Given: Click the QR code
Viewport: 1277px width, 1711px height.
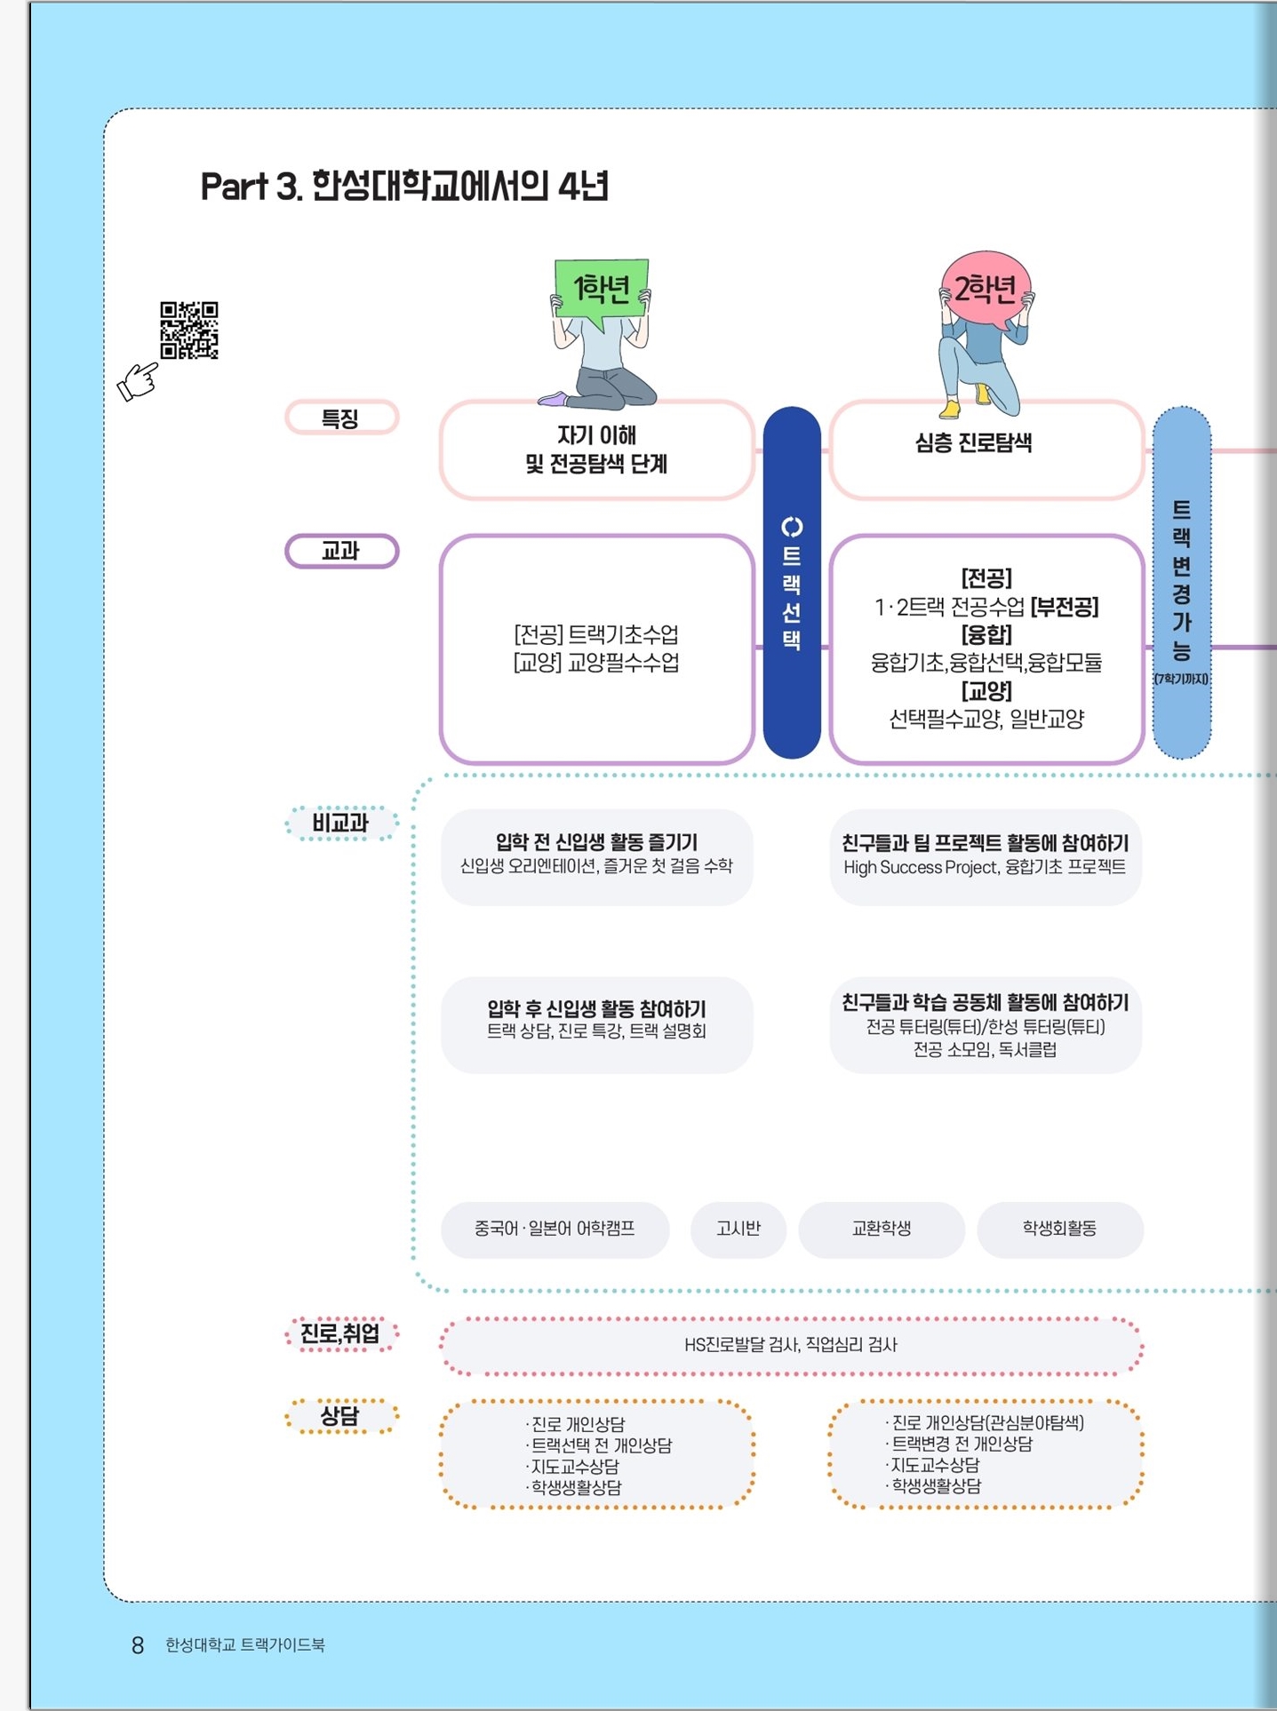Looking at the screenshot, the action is pos(189,330).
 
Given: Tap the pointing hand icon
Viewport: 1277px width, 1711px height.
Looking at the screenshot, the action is pos(138,382).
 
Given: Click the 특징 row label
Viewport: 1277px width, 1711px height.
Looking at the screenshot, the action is pos(341,418).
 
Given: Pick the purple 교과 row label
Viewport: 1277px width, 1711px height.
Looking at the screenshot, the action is pos(341,551).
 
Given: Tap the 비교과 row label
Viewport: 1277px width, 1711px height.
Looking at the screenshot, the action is pos(341,824).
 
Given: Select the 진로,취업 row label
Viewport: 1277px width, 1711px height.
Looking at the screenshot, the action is pos(341,1333).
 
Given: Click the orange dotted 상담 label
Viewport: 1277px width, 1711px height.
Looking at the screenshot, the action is pos(341,1416).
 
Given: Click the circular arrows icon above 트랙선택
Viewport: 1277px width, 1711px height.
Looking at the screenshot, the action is pos(792,528).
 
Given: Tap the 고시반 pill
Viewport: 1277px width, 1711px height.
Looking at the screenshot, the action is pos(738,1230).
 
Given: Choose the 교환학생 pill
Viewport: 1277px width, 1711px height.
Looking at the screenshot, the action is pos(882,1230).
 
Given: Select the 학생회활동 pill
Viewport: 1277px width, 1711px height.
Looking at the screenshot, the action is pos(1059,1230).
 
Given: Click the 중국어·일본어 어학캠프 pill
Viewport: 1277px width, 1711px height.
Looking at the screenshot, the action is pos(555,1230).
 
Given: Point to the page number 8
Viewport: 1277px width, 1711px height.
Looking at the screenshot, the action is pos(138,1646).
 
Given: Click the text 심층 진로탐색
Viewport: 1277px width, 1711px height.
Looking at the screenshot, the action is pos(974,442).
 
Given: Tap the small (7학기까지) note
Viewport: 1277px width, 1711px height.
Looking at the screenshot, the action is pos(1181,679).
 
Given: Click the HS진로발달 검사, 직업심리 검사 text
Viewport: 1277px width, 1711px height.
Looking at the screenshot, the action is pos(791,1345).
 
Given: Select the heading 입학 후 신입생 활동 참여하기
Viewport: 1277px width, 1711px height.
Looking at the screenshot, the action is pos(596,1009).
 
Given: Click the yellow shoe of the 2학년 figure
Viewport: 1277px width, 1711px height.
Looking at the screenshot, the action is pos(950,409).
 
